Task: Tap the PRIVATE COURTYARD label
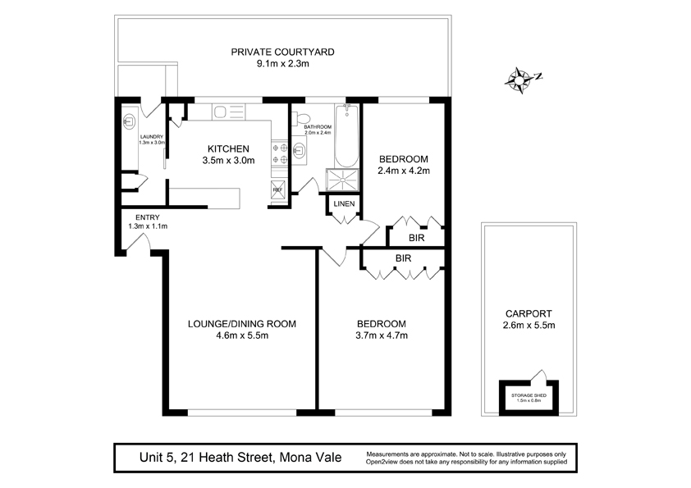(282, 52)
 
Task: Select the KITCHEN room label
(228, 149)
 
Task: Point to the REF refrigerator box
(278, 188)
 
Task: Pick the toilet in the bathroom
(301, 118)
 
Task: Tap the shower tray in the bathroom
(342, 180)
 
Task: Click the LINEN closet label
(344, 204)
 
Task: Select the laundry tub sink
(129, 121)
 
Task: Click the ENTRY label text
(148, 217)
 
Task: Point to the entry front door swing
(139, 243)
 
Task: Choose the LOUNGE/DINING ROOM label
(242, 324)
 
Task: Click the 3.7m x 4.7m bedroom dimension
(382, 335)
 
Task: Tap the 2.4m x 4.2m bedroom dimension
(404, 171)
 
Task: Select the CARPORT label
(529, 314)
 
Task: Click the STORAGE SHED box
(529, 397)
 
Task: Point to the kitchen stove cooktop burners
(279, 154)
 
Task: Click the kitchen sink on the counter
(228, 112)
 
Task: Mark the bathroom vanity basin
(300, 150)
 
